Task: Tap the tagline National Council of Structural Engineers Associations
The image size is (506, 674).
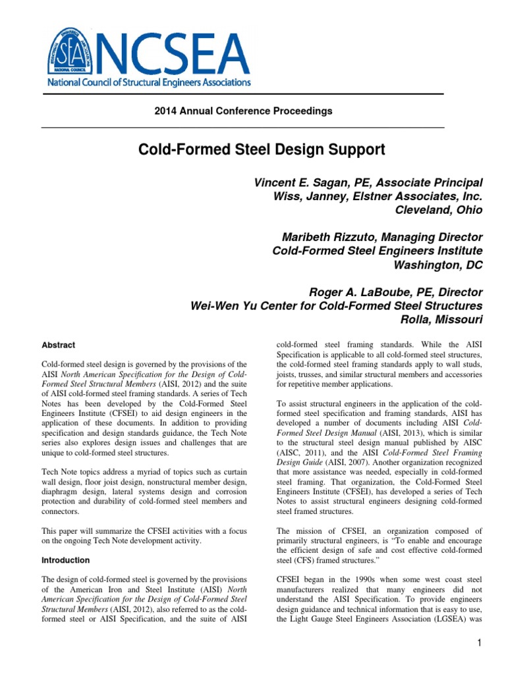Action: pyautogui.click(x=148, y=83)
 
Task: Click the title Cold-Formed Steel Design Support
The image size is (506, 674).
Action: pyautogui.click(x=261, y=150)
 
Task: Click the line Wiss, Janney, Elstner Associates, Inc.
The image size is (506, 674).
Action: pyautogui.click(x=378, y=196)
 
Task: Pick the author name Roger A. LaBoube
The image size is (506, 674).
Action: pyautogui.click(x=341, y=292)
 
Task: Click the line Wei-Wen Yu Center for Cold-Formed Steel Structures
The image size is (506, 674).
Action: pyautogui.click(x=336, y=306)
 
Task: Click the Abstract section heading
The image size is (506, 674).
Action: pyautogui.click(x=59, y=345)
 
